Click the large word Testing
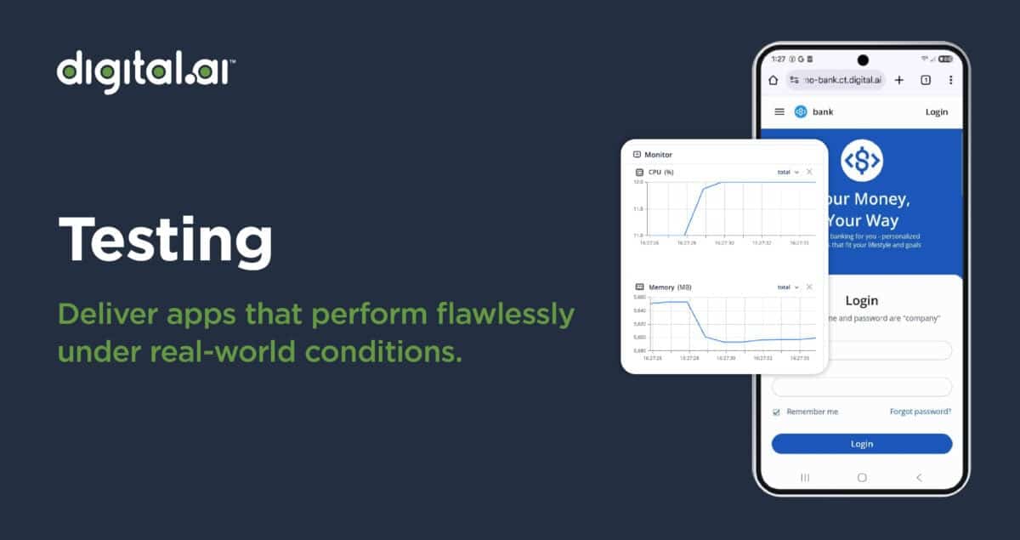[165, 239]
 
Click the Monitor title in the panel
[658, 155]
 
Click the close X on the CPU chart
[809, 172]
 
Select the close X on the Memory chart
[809, 287]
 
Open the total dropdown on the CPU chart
[788, 172]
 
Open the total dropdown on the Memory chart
[788, 287]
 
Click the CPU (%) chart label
[660, 172]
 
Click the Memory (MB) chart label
[670, 287]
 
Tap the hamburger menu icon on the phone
[779, 111]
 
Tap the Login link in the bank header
[936, 111]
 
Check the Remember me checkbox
[776, 412]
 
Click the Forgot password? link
[920, 412]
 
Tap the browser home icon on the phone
[773, 80]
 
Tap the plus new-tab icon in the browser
[899, 80]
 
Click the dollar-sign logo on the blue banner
[862, 159]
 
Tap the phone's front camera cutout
[863, 60]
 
